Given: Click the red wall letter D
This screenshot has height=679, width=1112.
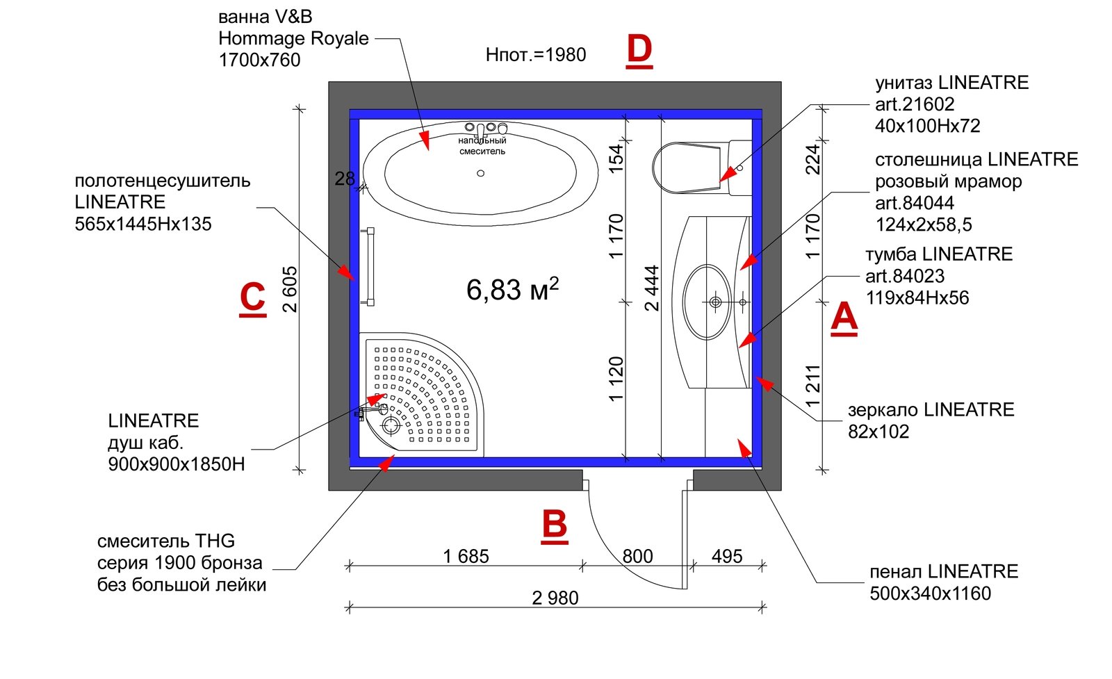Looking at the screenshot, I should (x=639, y=50).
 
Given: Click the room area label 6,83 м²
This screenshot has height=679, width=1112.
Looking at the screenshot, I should (x=512, y=289).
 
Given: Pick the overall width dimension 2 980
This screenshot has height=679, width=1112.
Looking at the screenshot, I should (x=555, y=598).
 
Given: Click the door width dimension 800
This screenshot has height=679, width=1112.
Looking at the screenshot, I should (x=637, y=556).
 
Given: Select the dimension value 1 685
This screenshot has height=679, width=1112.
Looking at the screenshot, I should (x=466, y=556).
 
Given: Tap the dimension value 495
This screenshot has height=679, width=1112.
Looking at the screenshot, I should (x=727, y=556).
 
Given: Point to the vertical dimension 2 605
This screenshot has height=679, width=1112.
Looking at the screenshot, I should (x=290, y=289).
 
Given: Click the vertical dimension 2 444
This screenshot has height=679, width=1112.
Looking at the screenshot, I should (x=651, y=288).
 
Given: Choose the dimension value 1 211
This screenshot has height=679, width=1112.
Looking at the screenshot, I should (x=812, y=386).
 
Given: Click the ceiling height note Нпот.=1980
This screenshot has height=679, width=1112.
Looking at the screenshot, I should (x=536, y=54).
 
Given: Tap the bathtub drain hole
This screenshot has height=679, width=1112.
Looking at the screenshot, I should (x=480, y=173).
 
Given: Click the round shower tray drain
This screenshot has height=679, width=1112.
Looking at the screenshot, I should (x=391, y=425).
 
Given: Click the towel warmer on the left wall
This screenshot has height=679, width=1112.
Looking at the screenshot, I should (x=368, y=265).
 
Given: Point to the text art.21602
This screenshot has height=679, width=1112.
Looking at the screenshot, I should (x=915, y=104).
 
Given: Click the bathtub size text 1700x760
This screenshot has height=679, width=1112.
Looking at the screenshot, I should (x=259, y=60).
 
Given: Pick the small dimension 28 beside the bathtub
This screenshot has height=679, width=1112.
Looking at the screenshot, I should (x=345, y=179).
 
